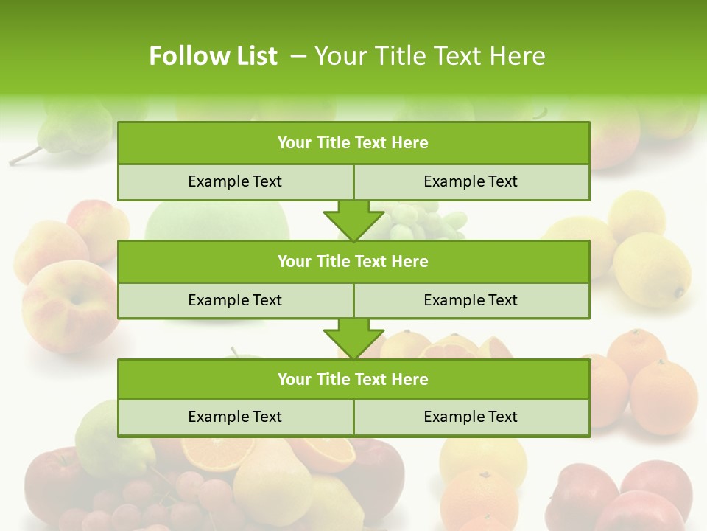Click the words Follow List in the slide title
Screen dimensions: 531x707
[x=213, y=56]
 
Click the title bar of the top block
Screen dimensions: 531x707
[x=353, y=143]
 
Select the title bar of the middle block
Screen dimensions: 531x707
[x=353, y=261]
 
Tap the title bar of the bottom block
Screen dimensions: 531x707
[x=353, y=379]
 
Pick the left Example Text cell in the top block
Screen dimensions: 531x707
[x=235, y=181]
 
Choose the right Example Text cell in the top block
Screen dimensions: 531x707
[x=471, y=181]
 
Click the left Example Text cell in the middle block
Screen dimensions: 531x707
[x=235, y=300]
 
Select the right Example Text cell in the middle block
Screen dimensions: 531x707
[x=471, y=300]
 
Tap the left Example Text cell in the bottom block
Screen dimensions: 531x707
[x=235, y=417]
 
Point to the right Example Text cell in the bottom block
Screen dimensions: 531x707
[x=471, y=417]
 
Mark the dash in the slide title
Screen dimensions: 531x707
[x=298, y=56]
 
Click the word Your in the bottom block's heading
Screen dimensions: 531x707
[x=295, y=379]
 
